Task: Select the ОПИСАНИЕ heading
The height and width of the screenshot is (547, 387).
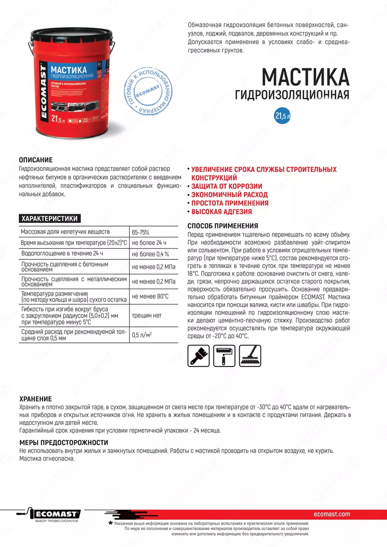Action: point(36,160)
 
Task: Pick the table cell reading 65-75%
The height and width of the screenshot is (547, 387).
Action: point(140,232)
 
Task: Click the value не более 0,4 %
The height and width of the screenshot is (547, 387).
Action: point(150,254)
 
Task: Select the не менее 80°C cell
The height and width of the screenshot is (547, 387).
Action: point(150,296)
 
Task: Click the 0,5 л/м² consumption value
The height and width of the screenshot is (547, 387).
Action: point(142,335)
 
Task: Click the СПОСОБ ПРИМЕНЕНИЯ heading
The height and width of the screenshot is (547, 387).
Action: point(223,226)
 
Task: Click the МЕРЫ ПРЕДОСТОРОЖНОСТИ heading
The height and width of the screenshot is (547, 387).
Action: point(63,442)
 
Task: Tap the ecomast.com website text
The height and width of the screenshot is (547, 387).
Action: point(332,514)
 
